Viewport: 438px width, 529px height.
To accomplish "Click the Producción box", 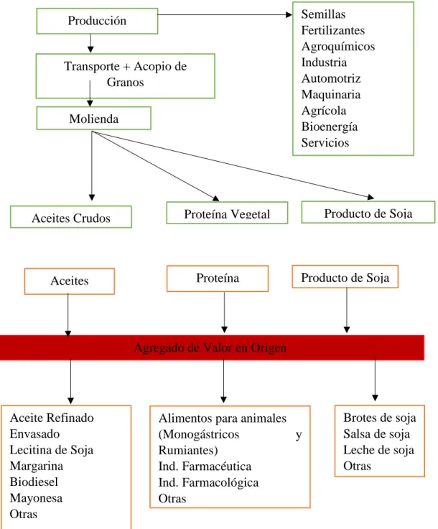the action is tap(97, 21).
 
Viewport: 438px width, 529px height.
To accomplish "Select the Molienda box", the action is tap(93, 119).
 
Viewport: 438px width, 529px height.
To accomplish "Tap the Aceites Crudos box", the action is tap(71, 217).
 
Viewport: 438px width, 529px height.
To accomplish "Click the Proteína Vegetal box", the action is tap(227, 213).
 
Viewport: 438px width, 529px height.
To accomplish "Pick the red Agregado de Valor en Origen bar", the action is tap(212, 347).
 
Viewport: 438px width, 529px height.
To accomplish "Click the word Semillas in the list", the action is tap(323, 14).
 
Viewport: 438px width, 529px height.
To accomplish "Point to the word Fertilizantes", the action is tap(333, 30).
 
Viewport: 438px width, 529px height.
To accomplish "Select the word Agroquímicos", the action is tap(338, 47).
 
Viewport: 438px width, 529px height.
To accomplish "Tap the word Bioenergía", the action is tap(329, 126).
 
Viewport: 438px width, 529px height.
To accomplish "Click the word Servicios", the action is tap(325, 143).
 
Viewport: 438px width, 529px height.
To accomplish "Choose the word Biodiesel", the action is tap(34, 482).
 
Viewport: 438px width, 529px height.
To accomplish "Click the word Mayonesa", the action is tap(36, 498).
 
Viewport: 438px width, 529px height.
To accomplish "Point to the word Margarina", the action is tap(37, 466).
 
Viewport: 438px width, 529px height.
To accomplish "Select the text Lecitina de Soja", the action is tap(52, 450).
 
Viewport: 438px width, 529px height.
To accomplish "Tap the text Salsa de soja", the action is tap(376, 434).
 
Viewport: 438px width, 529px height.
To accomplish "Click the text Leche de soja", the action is tap(378, 450).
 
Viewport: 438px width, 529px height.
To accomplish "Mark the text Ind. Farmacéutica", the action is tap(205, 466).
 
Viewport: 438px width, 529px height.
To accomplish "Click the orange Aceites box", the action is tap(70, 281).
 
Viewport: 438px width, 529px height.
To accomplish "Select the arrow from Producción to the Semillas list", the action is tap(225, 14).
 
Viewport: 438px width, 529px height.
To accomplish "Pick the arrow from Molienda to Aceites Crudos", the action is tap(92, 165).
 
